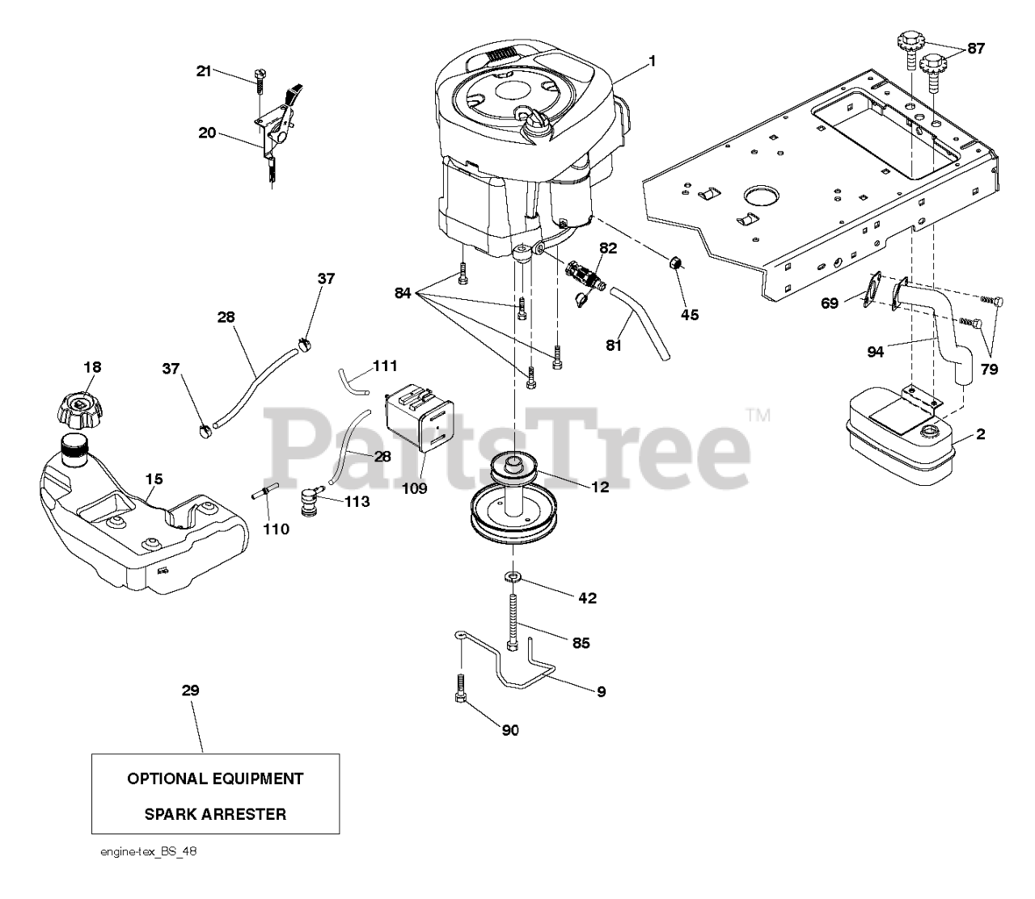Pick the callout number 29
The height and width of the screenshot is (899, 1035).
(190, 690)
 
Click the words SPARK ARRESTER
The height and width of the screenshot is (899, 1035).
(215, 814)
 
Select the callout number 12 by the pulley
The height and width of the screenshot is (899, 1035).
(599, 487)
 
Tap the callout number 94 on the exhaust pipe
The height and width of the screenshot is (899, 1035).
(876, 351)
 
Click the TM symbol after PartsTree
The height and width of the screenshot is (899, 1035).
(758, 416)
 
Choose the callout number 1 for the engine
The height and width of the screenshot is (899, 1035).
(652, 60)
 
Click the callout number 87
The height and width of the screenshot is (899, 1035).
(976, 49)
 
